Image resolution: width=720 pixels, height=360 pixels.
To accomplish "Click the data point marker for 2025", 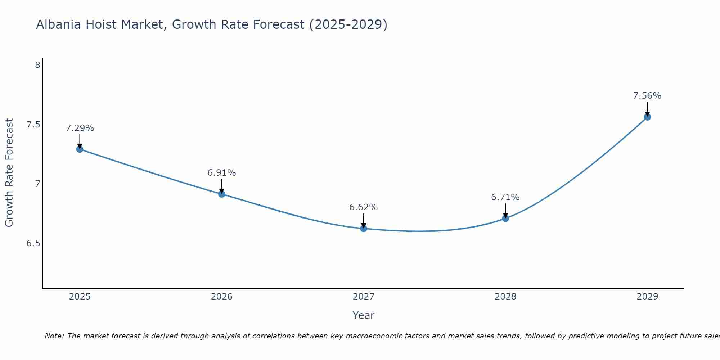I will [x=80, y=149].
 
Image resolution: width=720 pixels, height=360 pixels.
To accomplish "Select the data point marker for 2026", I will [x=222, y=194].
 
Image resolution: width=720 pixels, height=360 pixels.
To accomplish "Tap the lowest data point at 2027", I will [x=364, y=229].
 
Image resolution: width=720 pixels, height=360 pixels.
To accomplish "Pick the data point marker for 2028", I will [x=505, y=218].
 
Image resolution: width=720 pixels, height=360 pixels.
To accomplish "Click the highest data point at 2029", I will [x=647, y=117].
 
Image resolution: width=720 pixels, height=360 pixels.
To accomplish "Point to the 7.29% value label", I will [x=80, y=128].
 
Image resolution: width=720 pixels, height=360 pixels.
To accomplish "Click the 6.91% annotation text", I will [x=222, y=173].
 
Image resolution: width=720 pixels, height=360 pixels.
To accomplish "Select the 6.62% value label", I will [x=364, y=207].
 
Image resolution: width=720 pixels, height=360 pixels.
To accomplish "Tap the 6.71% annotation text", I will [x=505, y=197].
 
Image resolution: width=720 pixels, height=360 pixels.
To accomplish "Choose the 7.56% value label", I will [x=647, y=96].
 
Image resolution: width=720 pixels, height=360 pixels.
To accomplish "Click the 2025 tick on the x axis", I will [x=80, y=297].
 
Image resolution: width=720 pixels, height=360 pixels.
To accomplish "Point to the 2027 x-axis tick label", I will [x=364, y=297].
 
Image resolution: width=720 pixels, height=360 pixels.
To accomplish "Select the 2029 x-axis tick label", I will [x=647, y=297].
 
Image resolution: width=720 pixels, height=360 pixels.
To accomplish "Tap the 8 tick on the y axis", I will [x=37, y=65].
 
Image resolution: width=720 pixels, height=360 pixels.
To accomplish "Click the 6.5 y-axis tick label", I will [x=33, y=243].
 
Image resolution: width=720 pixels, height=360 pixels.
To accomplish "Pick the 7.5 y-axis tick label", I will [x=33, y=125].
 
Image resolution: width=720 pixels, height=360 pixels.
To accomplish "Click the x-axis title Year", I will [x=364, y=315].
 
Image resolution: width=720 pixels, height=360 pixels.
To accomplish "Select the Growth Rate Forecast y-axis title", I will [x=9, y=173].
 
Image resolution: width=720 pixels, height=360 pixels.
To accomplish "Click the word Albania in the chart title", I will [x=58, y=25].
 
